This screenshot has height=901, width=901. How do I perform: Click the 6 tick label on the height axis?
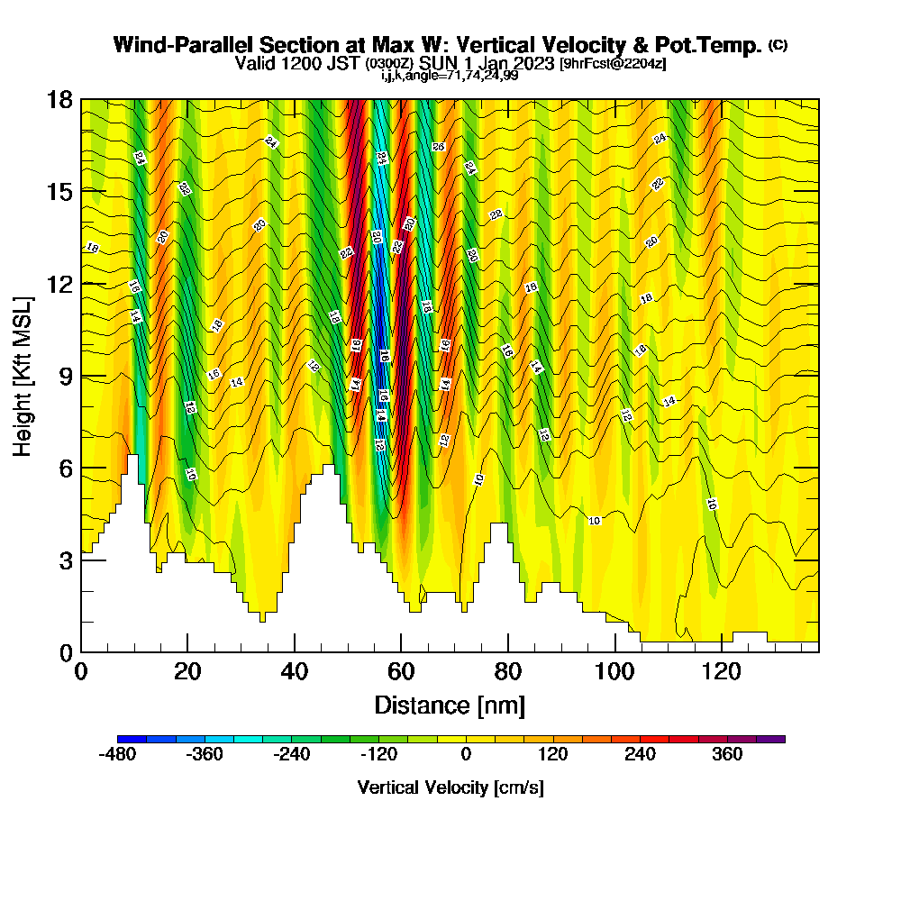66,469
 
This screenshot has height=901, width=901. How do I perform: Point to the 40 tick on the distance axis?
295,672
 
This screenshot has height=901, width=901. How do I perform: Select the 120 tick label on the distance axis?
722,672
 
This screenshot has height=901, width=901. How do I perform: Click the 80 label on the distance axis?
508,672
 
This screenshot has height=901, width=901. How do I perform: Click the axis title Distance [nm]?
450,705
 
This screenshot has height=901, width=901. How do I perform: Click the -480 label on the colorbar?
116,754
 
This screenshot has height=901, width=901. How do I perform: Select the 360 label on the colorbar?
727,754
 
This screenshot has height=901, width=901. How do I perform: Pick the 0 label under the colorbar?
466,754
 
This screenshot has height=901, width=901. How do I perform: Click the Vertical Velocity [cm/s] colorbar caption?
450,787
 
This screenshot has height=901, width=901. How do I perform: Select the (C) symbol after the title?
777,45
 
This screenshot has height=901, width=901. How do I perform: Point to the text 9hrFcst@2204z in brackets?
613,64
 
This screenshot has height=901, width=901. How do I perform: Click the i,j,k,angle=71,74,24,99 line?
450,75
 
